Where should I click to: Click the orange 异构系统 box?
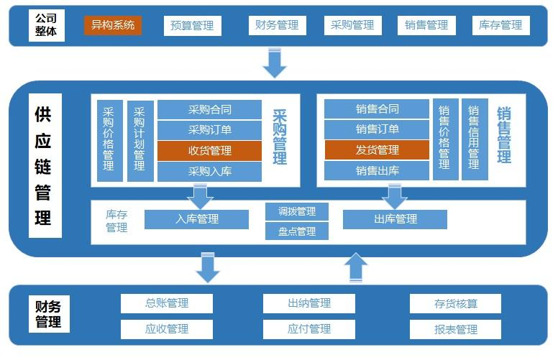113,25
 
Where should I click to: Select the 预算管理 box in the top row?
192,25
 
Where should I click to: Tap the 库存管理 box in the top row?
500,25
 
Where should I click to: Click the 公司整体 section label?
45,25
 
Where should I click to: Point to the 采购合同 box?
209,109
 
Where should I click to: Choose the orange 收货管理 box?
209,150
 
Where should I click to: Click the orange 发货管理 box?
377,150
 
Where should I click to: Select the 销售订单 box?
377,130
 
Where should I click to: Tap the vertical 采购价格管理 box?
109,140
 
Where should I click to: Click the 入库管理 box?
196,219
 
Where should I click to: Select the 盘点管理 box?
296,231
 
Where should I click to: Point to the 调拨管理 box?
296,211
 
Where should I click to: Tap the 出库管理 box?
395,219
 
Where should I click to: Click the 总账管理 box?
166,303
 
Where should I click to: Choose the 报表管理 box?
455,329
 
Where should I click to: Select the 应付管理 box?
308,329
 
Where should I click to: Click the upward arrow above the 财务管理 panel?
355,267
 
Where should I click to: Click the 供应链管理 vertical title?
45,167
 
